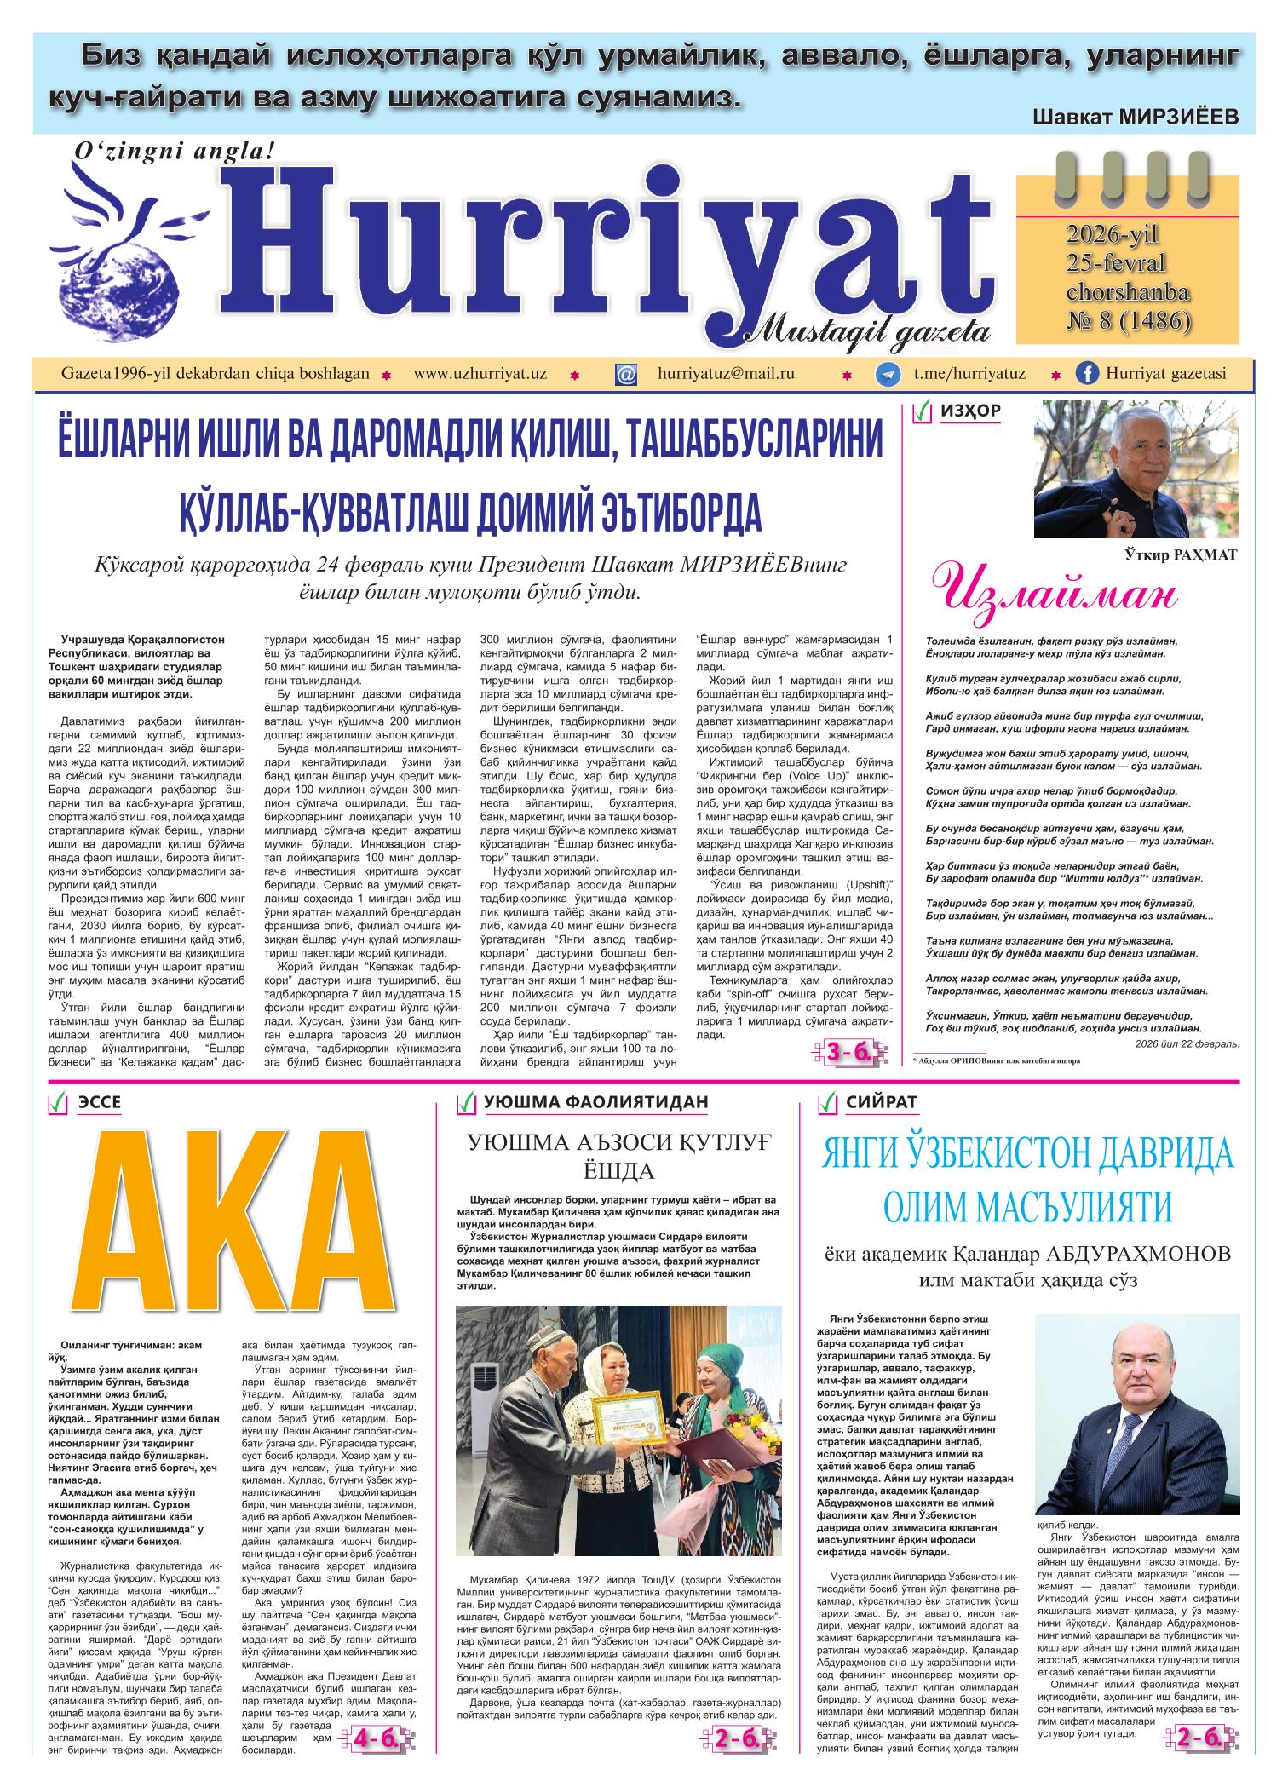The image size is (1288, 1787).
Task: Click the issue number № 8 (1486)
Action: (x=1129, y=321)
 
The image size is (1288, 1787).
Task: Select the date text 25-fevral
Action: (x=1117, y=262)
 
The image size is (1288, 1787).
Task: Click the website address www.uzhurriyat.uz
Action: (x=480, y=374)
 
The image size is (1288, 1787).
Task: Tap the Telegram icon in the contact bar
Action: (x=889, y=375)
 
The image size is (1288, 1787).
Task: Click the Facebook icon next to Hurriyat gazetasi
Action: (x=1087, y=374)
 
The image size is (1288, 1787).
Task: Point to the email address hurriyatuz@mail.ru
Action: (x=726, y=374)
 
